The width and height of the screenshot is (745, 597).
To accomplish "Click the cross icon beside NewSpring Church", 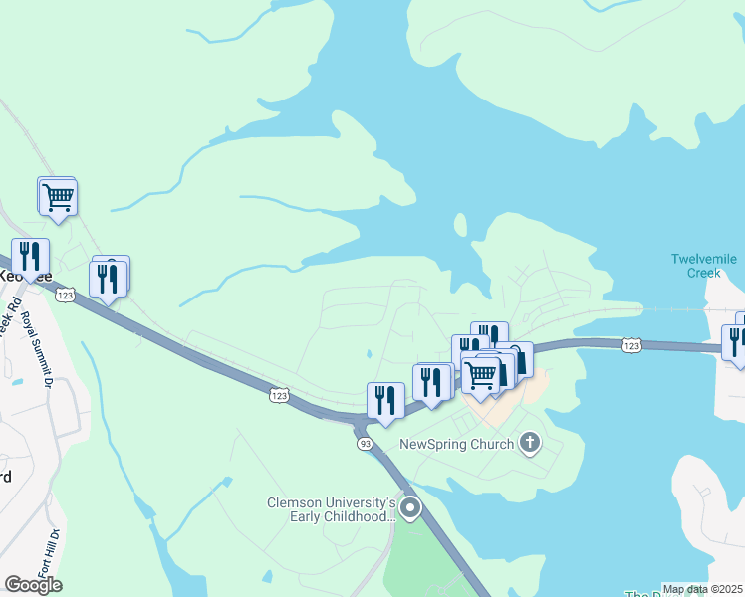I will coord(530,443).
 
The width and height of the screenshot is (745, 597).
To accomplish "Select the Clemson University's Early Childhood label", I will coord(332,509).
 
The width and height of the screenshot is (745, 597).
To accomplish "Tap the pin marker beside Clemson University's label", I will coord(410,509).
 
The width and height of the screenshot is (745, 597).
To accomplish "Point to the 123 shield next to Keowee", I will coord(66,296).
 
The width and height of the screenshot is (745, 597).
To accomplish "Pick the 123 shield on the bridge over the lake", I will coord(630,344).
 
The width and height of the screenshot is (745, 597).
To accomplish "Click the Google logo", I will coord(33,585).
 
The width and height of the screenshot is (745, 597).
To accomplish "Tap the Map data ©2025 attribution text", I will coord(703,589).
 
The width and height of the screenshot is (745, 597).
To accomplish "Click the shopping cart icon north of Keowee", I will coord(58,196).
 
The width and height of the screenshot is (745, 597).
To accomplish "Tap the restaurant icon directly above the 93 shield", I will coord(385,400).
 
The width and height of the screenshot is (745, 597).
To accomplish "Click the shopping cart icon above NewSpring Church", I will coord(481,374).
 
